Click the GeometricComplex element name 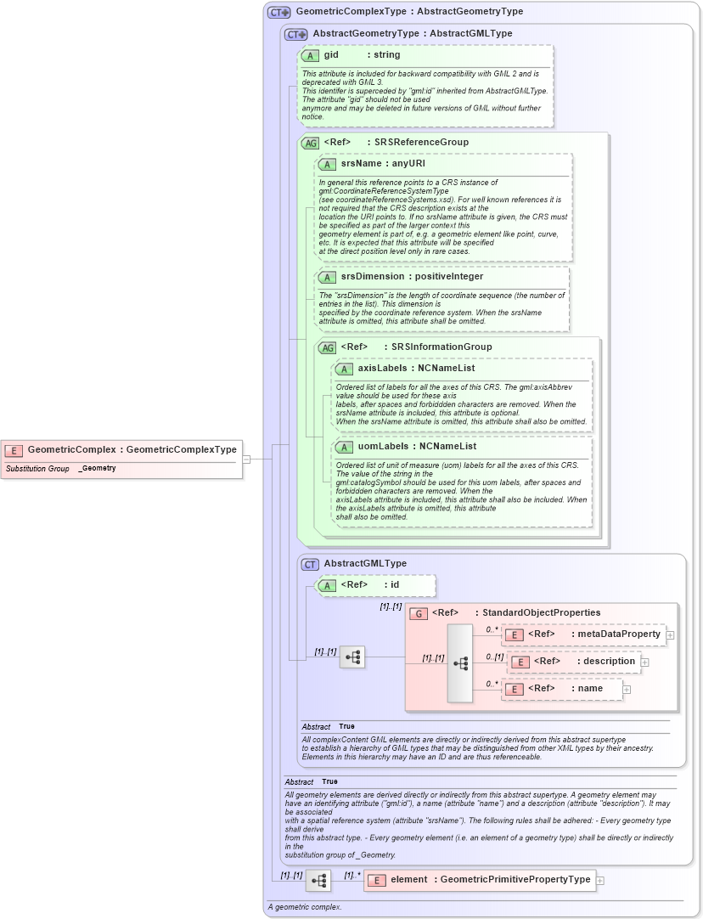(71, 449)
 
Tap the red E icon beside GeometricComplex (14, 450)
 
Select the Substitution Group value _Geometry (97, 469)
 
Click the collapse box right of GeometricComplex (247, 459)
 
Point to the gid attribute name (331, 55)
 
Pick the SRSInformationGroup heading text (441, 347)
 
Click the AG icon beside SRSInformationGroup (327, 347)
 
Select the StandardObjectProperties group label (537, 612)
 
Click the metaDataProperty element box (583, 634)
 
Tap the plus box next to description (644, 662)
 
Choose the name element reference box (562, 689)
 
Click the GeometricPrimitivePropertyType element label (515, 880)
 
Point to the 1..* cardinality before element (352, 875)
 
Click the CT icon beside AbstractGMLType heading (311, 564)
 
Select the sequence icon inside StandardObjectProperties (460, 663)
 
